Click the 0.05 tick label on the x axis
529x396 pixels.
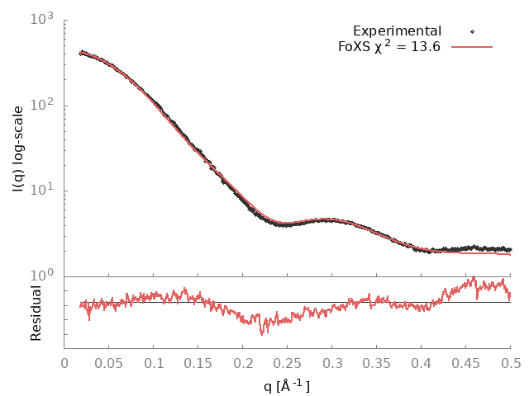click(x=109, y=363)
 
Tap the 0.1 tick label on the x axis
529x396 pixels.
click(x=154, y=363)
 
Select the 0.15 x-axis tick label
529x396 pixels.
click(x=198, y=363)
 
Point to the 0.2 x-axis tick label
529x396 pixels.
click(x=243, y=363)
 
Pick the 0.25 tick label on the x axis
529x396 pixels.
click(x=288, y=363)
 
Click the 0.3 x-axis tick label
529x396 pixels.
click(x=332, y=363)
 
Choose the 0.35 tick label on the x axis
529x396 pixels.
click(x=377, y=363)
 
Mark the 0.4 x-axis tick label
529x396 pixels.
click(x=422, y=363)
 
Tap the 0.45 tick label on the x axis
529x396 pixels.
click(x=466, y=363)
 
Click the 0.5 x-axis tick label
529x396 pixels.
click(x=511, y=363)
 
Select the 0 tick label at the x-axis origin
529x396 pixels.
click(x=64, y=363)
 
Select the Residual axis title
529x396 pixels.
click(x=36, y=313)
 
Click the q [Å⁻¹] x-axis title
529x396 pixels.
click(x=288, y=384)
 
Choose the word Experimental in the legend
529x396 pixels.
click(x=397, y=31)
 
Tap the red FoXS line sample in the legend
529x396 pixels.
click(x=471, y=47)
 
